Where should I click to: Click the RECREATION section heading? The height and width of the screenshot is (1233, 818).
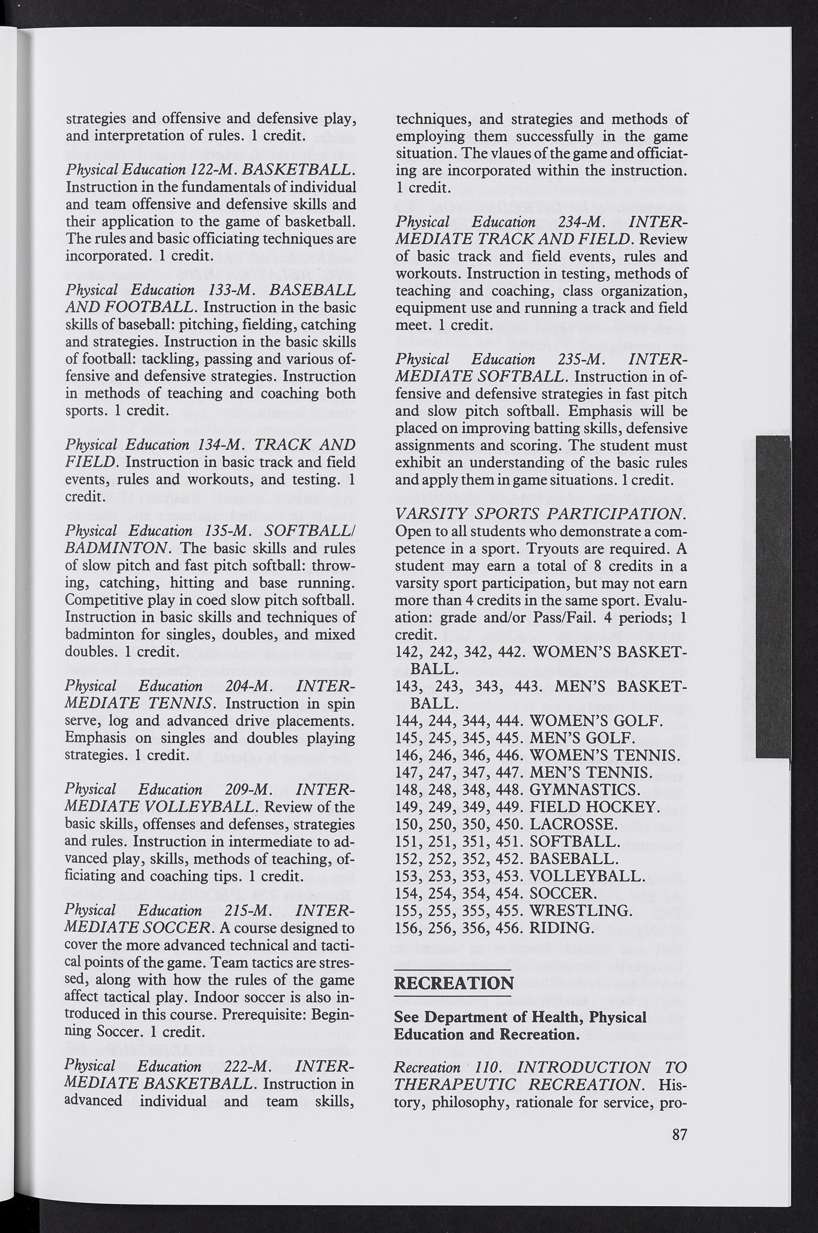point(454,983)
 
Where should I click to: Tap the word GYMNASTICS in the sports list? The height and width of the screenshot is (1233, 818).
point(583,789)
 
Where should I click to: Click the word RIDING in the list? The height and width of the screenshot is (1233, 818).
point(561,928)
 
